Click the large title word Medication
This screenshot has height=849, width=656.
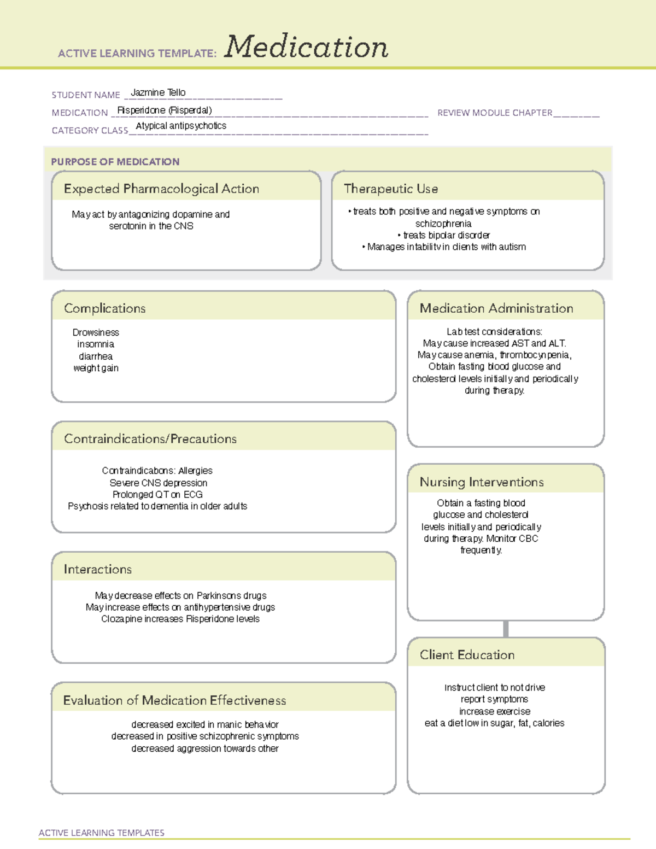tap(306, 47)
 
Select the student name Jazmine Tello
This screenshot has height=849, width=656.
tap(158, 92)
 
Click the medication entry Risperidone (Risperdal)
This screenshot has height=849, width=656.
tap(165, 110)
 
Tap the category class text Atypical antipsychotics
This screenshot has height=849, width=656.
tap(181, 126)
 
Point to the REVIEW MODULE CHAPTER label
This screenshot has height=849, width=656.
tap(495, 113)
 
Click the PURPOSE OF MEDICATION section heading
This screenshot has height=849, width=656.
tap(115, 162)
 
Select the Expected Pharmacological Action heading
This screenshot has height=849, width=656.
tap(161, 189)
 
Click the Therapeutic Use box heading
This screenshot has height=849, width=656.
tap(391, 189)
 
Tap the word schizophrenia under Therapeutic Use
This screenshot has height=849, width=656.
tap(443, 224)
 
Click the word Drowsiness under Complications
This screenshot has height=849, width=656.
tap(96, 332)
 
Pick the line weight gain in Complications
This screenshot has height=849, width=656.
tap(96, 368)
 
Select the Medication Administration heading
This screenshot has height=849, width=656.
tap(496, 308)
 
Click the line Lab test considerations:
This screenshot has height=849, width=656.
tap(494, 331)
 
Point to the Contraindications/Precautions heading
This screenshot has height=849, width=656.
tap(150, 438)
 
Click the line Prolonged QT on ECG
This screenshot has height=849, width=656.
tap(157, 494)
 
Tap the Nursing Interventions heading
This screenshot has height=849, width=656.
tap(482, 482)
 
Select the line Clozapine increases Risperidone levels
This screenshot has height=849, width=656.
tap(180, 619)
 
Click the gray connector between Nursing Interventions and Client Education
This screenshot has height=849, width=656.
tap(506, 629)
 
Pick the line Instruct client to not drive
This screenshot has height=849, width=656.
tap(494, 687)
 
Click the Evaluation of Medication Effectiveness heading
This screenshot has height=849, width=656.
tap(174, 700)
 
